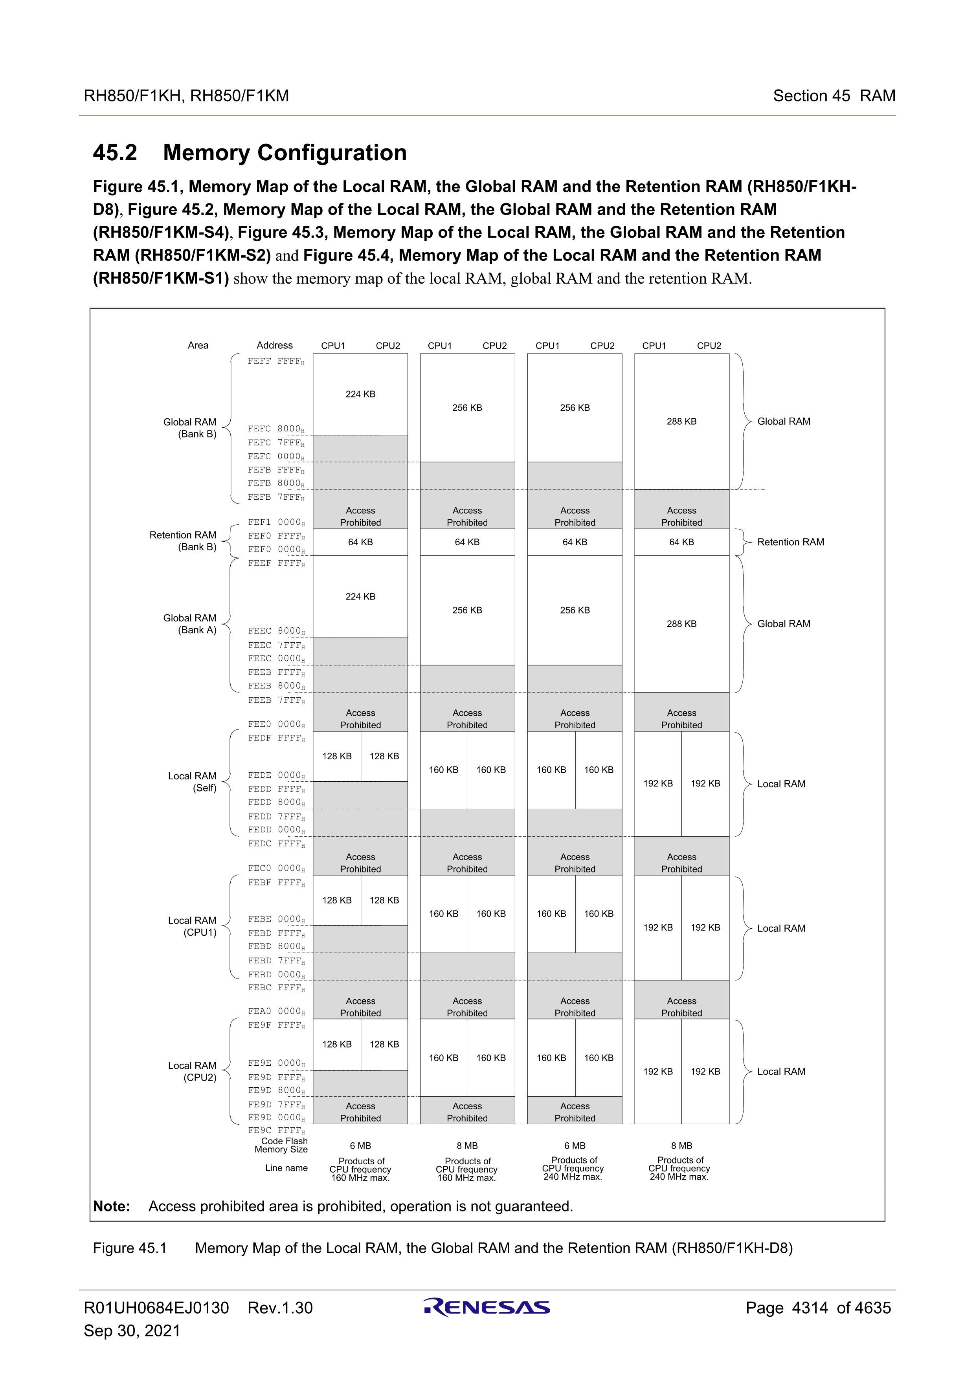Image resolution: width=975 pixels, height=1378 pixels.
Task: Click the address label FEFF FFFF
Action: [275, 361]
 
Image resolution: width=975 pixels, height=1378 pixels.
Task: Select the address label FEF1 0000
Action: [275, 522]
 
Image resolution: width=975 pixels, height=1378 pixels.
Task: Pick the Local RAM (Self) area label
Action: [192, 782]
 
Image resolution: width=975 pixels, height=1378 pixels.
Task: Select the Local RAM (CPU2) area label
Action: [192, 1071]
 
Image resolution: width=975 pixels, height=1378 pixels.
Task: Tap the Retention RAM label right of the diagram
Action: [790, 542]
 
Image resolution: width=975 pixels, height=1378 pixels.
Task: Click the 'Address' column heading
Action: [274, 345]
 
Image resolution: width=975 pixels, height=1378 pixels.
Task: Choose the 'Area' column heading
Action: [198, 345]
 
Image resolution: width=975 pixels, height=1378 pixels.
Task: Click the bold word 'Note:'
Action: [112, 1206]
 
